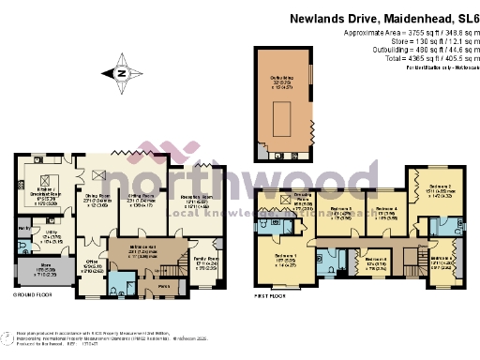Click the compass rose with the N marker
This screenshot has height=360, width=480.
coord(120,72)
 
